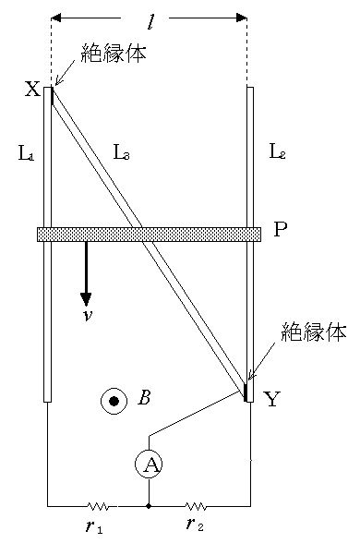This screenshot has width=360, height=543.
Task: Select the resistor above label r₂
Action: tap(196, 506)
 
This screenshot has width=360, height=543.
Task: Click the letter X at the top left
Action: tap(32, 90)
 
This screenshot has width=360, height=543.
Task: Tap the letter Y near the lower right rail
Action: tap(271, 399)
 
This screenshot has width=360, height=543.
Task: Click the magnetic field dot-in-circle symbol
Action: tap(114, 401)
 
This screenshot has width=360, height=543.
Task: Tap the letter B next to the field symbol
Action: tap(144, 399)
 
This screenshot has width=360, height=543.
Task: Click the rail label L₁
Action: tap(26, 154)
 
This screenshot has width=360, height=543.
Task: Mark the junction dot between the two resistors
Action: tap(149, 506)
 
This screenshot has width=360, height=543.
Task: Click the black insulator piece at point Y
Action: tap(246, 392)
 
